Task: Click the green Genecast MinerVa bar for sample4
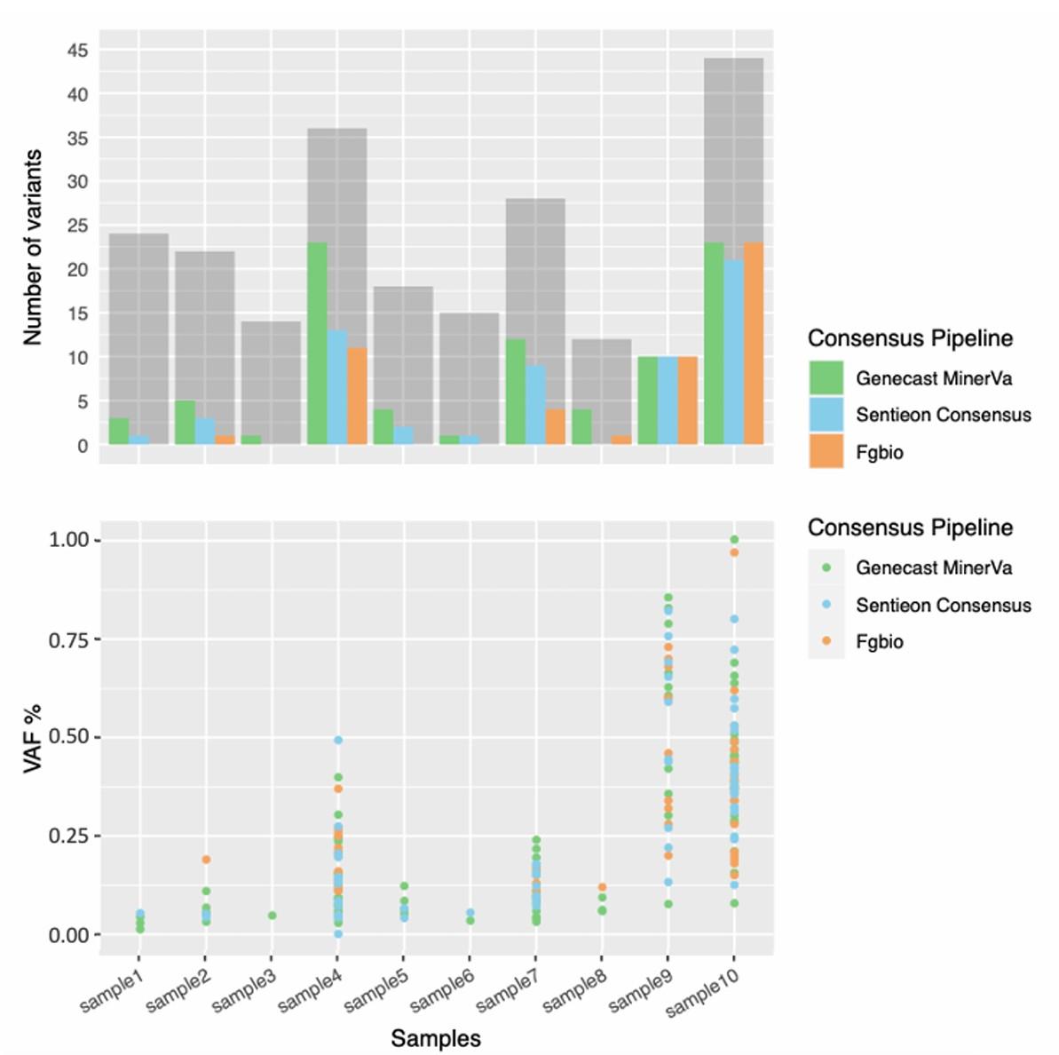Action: pos(317,344)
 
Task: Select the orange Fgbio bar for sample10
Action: pos(753,344)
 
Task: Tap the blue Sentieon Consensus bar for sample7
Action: pos(535,405)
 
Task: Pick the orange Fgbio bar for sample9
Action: pos(687,401)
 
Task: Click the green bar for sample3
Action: pos(251,440)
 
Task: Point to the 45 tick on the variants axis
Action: pos(78,51)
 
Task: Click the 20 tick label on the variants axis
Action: pos(78,270)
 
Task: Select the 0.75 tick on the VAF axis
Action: pos(75,639)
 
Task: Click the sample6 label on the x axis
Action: pos(441,988)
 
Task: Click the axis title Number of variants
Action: pos(33,248)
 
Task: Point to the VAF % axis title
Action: pos(33,738)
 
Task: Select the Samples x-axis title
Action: pos(436,1037)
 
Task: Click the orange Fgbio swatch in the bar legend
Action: pos(826,452)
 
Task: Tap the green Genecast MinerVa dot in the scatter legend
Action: pos(826,567)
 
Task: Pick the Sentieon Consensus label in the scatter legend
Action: pos(943,605)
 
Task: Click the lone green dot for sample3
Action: pos(273,916)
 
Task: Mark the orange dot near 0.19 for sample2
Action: pos(206,860)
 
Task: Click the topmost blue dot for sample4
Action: pos(338,740)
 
